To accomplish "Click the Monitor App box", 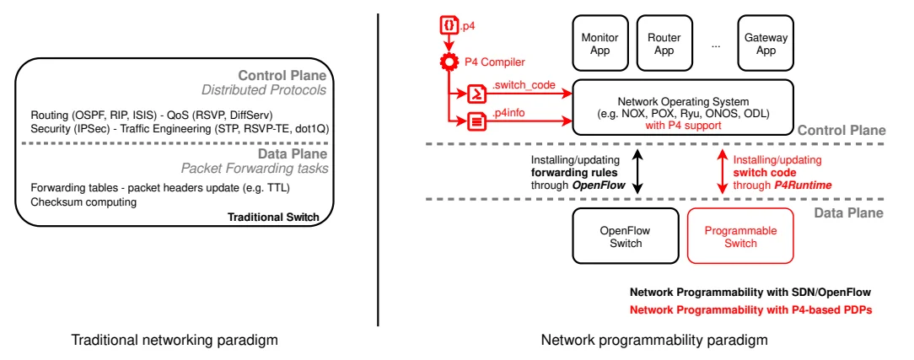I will pyautogui.click(x=600, y=44).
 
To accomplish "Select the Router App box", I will pyautogui.click(x=664, y=44).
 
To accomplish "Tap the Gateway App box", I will pyautogui.click(x=766, y=44).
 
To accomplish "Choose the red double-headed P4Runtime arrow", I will pyautogui.click(x=722, y=170).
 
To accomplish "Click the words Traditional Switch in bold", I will pyautogui.click(x=273, y=218).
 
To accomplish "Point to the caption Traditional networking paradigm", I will pyautogui.click(x=175, y=341).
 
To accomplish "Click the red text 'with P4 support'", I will pyautogui.click(x=683, y=126).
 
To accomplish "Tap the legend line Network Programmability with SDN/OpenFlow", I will pyautogui.click(x=750, y=292).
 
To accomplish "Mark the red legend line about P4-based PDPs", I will pyautogui.click(x=750, y=309).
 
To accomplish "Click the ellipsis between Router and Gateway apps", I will pyautogui.click(x=715, y=45).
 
